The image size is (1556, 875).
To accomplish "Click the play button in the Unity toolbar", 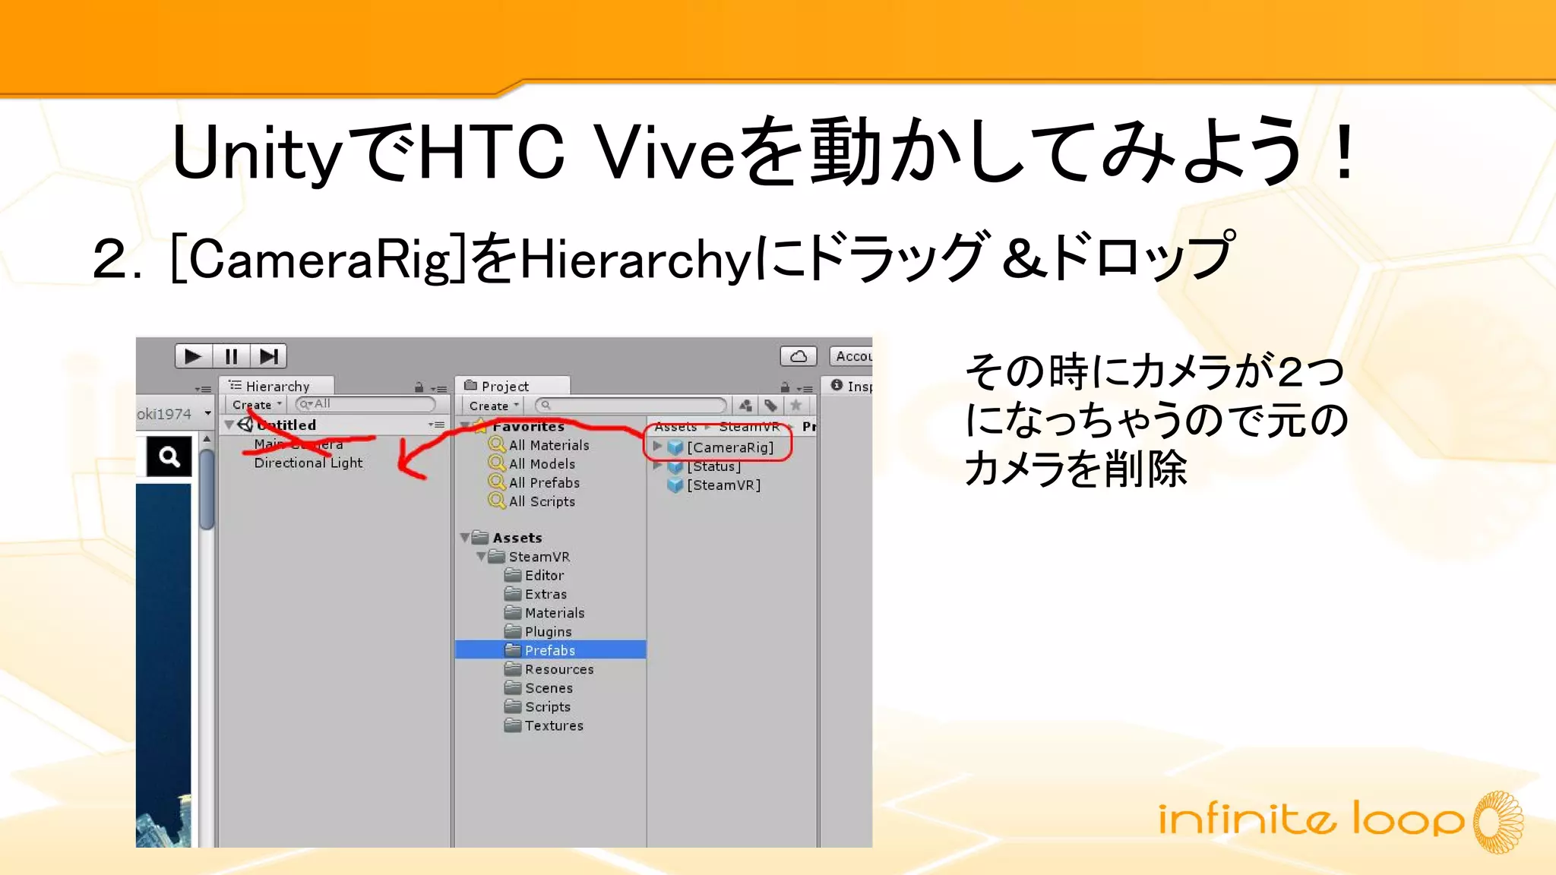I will coord(193,356).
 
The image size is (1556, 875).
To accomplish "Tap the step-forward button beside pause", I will coord(269,356).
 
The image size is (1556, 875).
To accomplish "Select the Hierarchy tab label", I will coord(277,387).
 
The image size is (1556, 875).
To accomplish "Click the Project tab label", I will coord(504,387).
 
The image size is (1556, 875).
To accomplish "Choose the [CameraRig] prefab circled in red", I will coord(729,447).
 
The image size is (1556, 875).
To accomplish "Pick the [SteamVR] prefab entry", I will coord(723,485).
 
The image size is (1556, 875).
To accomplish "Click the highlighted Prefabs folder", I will coord(549,650).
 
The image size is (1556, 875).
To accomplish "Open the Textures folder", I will coord(554,725).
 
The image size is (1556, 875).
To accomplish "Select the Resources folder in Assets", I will coord(558,669).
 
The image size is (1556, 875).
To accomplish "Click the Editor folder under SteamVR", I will coord(544,576).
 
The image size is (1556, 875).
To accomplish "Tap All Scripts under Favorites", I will coord(541,501).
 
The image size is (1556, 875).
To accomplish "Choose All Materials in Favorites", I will coord(549,445).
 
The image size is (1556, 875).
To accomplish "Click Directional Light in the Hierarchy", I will coord(308,463).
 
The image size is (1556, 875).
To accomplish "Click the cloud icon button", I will coord(799,356).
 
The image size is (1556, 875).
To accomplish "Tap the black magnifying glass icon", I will coord(169,456).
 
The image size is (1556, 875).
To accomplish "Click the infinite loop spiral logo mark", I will coord(1497,822).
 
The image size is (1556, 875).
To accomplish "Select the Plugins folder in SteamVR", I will coord(548,632).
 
